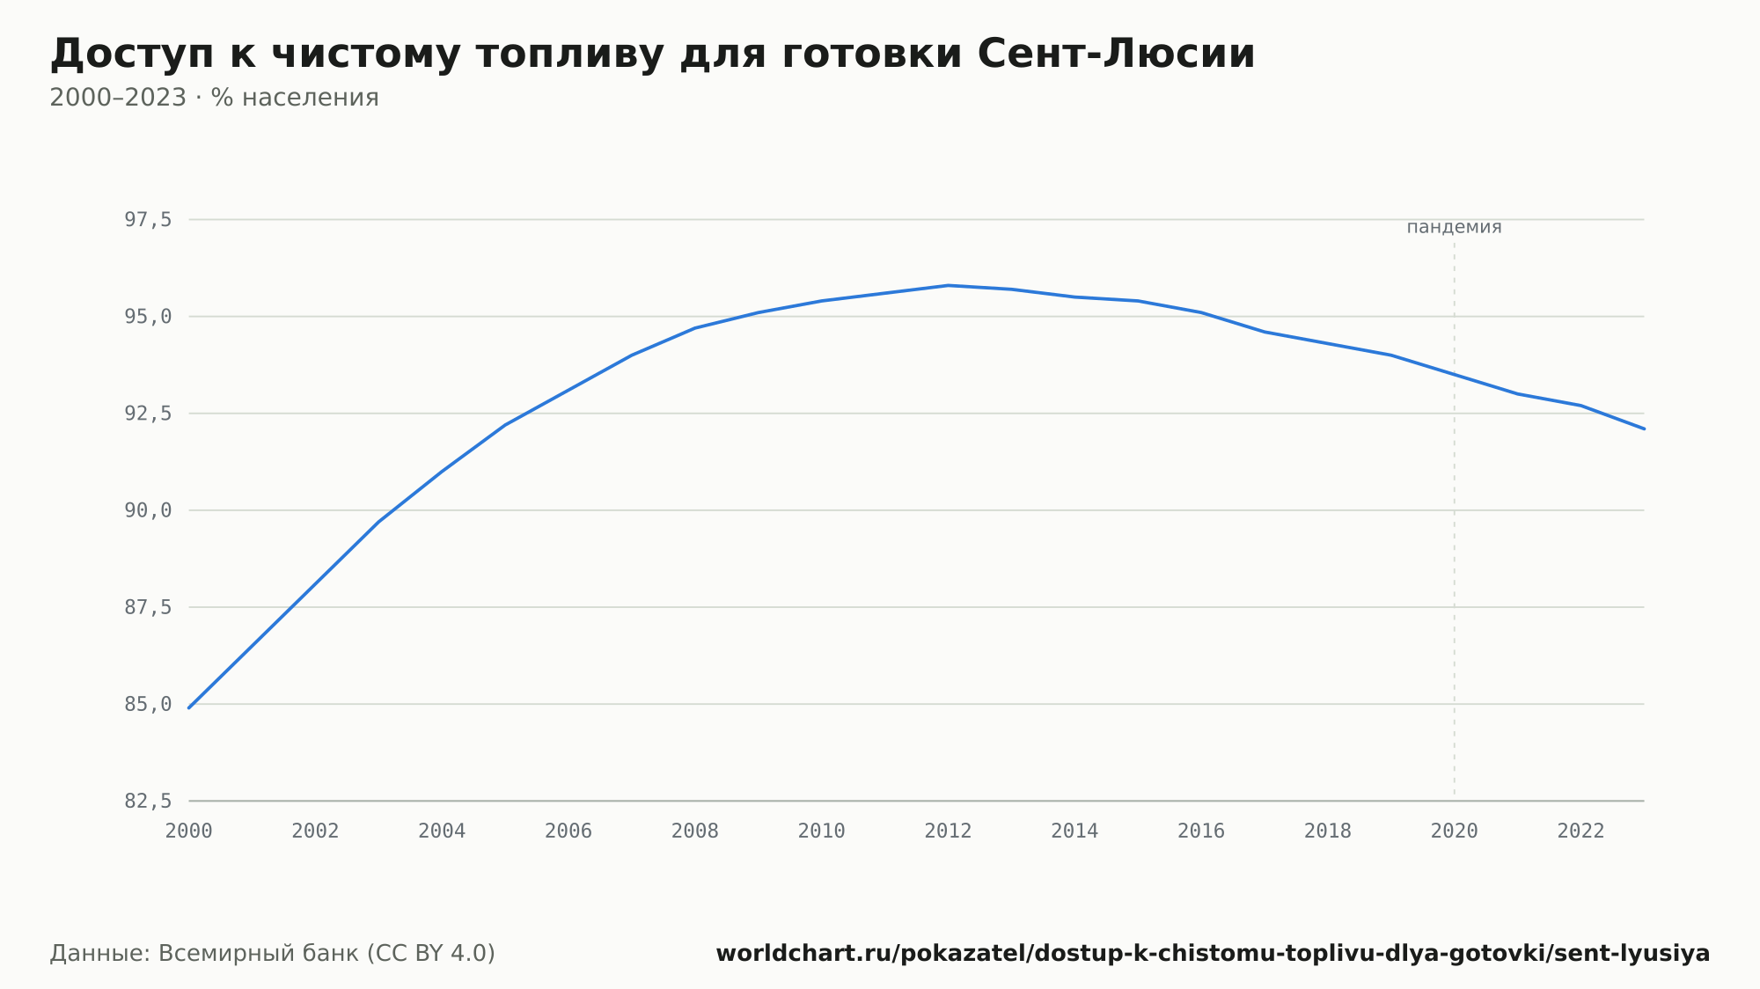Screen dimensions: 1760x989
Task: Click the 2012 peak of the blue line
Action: click(948, 285)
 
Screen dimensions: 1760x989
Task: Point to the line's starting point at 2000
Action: click(189, 707)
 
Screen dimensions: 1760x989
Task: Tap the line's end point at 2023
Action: click(1644, 429)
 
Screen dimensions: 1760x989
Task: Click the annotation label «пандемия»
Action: click(1454, 227)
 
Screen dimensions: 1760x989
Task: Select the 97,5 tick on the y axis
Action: click(148, 220)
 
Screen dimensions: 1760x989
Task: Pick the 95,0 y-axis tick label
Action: click(148, 317)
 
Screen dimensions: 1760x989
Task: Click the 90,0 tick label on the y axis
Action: click(148, 510)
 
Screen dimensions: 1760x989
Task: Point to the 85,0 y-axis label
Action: click(148, 704)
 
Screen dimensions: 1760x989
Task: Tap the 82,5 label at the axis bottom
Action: click(148, 801)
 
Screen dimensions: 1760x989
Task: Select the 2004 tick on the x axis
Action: click(442, 831)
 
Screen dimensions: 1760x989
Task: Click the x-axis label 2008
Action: click(695, 831)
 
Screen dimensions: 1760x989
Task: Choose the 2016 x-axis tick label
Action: click(1201, 831)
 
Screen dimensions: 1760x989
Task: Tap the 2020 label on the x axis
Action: click(1455, 831)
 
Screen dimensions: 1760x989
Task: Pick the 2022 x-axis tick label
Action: click(1581, 831)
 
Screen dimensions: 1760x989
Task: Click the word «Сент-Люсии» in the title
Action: click(1116, 54)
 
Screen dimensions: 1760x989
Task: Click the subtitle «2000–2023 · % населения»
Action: click(214, 98)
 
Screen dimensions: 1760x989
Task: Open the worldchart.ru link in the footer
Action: click(1213, 953)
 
